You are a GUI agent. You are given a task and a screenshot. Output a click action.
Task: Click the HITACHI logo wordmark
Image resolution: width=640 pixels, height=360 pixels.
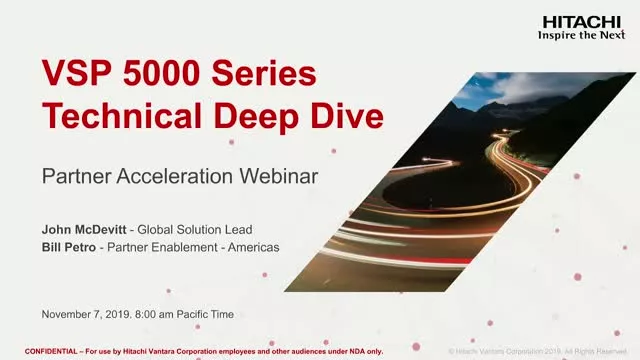[580, 20]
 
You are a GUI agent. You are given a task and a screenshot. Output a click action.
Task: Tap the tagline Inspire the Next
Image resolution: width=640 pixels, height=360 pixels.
[580, 34]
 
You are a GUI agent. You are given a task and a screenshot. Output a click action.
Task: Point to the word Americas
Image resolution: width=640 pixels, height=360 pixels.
[250, 247]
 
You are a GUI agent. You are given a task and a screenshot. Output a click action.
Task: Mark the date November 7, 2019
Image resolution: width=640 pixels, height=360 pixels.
[86, 314]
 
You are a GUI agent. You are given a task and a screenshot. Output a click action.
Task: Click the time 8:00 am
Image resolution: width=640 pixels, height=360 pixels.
[157, 314]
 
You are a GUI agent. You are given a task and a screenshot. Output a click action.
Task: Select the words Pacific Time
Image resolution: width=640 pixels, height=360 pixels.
[208, 314]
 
